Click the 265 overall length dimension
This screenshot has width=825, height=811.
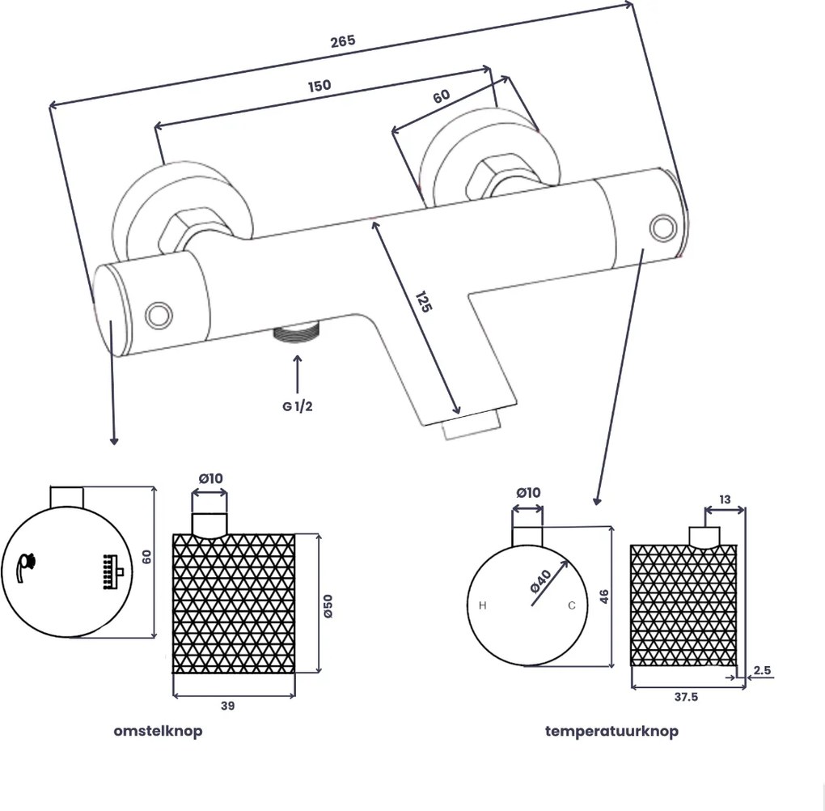(343, 41)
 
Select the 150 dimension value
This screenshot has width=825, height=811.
(319, 86)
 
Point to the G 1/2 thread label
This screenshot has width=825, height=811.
(298, 406)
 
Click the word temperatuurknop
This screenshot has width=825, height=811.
(611, 731)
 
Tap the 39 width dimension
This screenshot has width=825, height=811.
(227, 706)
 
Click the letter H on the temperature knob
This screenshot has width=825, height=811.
(483, 605)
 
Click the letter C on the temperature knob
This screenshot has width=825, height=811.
(571, 605)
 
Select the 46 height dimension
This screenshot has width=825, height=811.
(604, 597)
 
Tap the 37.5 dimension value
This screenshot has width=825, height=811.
(684, 698)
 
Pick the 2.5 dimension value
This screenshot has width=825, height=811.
(762, 670)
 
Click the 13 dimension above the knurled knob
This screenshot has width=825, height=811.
(724, 500)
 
